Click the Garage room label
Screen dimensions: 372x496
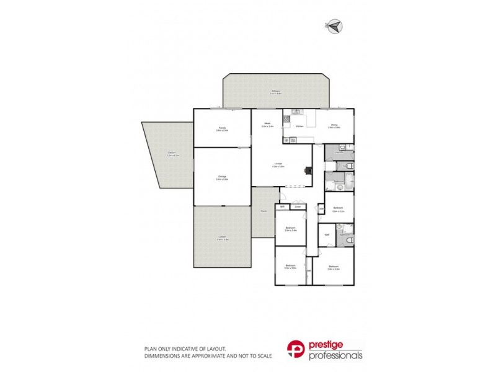coord(222,177)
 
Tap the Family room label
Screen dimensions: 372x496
coord(221,128)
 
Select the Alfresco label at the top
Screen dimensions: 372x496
coord(277,92)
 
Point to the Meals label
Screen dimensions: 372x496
coord(268,123)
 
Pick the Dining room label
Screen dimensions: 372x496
coord(334,125)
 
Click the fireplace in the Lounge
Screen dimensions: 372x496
coord(308,173)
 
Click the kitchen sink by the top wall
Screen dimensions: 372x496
coord(296,113)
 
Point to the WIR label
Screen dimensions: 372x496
coord(326,235)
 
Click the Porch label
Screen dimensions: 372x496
coord(263,211)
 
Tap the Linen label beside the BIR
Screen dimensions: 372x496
coord(298,206)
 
